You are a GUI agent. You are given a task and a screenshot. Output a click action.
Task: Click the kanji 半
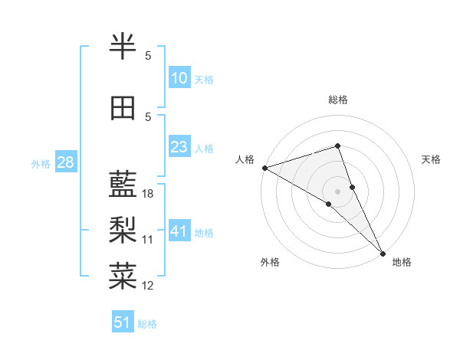124,47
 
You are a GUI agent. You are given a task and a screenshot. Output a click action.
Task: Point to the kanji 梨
124,229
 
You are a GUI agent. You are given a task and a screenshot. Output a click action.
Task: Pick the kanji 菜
124,274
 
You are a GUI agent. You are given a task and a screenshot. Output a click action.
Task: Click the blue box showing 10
179,78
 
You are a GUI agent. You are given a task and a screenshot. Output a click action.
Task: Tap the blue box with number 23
179,147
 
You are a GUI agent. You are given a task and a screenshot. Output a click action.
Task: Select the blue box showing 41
179,231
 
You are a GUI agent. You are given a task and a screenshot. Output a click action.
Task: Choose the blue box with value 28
64,162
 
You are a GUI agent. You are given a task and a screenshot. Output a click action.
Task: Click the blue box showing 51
123,322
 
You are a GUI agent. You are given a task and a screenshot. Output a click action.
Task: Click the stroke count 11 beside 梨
148,240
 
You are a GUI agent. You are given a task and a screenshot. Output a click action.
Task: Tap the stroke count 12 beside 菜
148,286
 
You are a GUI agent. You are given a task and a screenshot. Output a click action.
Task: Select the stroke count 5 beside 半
148,56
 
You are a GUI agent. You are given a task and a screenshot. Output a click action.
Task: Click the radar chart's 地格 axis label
402,262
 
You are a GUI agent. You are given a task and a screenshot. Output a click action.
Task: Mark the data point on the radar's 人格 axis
264,167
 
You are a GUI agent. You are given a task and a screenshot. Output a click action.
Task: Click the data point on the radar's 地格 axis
383,253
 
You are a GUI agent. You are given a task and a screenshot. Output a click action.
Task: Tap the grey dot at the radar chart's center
337,191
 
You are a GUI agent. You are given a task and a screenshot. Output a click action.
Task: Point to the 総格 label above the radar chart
338,100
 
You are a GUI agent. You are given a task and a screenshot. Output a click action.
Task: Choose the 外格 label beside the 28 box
41,163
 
